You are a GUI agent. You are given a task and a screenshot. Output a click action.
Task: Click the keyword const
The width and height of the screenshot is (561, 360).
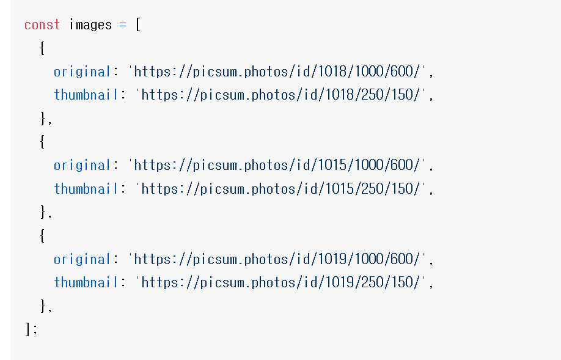tap(42, 25)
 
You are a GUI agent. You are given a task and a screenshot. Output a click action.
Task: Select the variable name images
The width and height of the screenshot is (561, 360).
tap(90, 25)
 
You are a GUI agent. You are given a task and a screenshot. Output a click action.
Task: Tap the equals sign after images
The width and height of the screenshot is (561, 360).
tap(122, 25)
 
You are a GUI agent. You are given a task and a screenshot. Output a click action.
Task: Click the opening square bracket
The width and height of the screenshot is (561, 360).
tap(138, 25)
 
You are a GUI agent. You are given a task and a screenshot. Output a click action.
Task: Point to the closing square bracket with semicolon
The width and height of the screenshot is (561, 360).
tap(31, 329)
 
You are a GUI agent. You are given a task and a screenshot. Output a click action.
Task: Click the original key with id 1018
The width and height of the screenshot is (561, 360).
tap(82, 72)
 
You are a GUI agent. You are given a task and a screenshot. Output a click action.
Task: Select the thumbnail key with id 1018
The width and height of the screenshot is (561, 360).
tap(86, 95)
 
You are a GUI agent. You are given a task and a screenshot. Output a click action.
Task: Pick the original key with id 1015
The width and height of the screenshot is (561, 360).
tap(82, 165)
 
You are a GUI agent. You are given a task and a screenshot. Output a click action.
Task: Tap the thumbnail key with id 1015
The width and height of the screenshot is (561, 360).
tap(86, 189)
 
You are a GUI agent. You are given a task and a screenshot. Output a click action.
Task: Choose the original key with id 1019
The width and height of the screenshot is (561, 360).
tap(82, 259)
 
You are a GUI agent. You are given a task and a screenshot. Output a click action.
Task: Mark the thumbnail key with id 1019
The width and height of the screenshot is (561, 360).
tap(86, 282)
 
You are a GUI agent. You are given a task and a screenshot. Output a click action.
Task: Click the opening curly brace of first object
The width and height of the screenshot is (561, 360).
tap(42, 48)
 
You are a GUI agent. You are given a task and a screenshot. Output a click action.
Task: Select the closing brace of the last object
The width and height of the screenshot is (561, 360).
tap(43, 306)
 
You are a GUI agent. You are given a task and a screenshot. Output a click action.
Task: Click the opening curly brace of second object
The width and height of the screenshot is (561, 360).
tap(42, 142)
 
